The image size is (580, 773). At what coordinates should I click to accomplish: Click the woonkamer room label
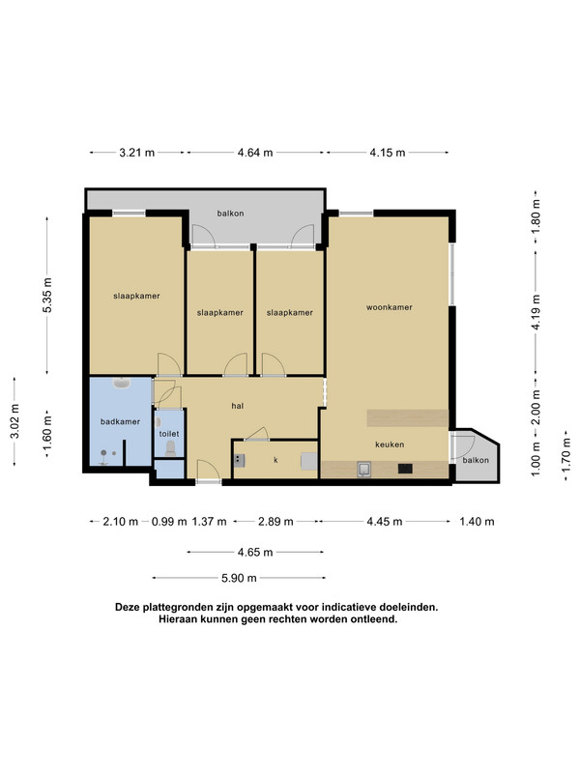point(390,307)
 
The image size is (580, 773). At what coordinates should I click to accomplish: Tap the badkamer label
point(120,421)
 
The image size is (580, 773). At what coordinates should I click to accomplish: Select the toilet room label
point(169,434)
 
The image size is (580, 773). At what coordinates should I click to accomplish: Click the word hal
point(237,406)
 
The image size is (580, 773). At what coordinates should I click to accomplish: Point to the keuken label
point(390,444)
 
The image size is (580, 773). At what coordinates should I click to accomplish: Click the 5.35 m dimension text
point(47,295)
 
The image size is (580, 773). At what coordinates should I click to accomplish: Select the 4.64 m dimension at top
point(255,153)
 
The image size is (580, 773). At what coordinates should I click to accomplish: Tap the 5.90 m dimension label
point(239,578)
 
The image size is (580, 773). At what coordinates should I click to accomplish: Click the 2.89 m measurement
point(275,522)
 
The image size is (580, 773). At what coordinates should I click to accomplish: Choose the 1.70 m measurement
point(566,456)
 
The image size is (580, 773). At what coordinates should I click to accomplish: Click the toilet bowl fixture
point(171,447)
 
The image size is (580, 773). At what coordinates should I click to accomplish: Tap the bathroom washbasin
point(122,383)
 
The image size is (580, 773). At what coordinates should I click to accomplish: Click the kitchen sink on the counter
point(364,470)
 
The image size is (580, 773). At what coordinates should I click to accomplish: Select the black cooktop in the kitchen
point(405,469)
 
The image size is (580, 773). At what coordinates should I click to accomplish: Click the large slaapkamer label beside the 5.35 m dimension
point(136,296)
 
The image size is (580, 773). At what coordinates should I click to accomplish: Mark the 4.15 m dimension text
point(388,153)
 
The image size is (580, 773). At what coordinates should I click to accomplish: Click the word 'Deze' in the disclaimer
point(128,608)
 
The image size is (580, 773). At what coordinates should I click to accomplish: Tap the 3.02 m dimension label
point(14,421)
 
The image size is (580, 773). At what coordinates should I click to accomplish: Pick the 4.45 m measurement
point(385,522)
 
